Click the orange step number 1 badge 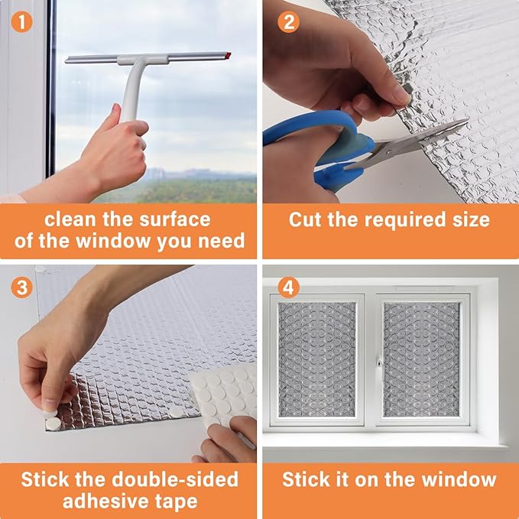22,22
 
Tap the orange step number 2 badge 288,22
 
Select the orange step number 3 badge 22,287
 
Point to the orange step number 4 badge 288,287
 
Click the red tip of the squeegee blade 228,55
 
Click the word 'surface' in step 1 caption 175,219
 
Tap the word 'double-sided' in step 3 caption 175,479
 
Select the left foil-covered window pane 317,359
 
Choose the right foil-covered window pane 421,359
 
